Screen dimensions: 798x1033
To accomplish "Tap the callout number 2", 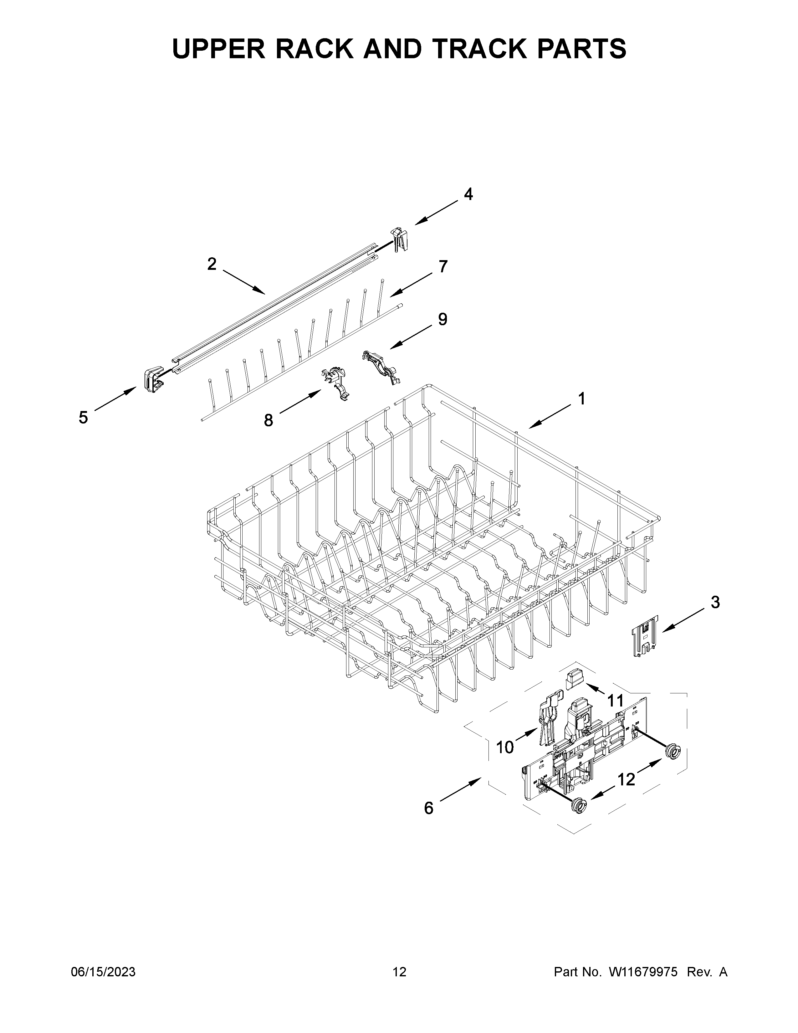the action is click(212, 264).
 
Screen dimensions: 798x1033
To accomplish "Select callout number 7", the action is click(442, 267).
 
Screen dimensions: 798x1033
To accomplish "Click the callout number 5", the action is click(83, 418).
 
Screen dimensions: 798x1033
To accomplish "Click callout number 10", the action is click(505, 747).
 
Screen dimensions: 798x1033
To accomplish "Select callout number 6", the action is click(428, 808).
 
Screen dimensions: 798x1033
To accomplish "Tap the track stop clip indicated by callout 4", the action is click(398, 239).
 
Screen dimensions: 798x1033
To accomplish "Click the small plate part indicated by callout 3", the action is click(645, 635).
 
